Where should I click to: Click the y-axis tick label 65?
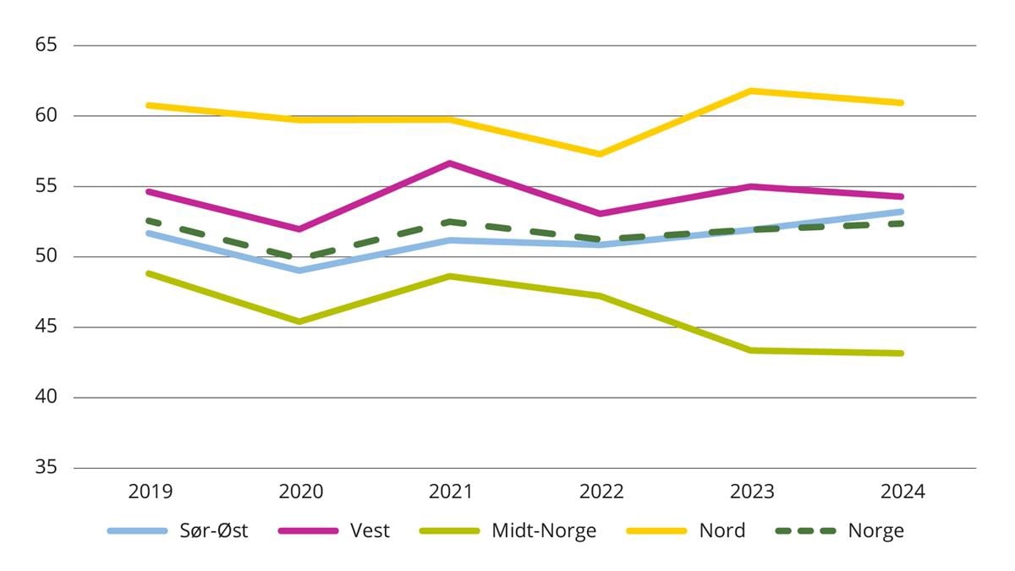click(46, 45)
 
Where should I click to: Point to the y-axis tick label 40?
click(46, 398)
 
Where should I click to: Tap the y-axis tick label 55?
click(46, 186)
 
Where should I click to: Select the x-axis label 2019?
click(150, 491)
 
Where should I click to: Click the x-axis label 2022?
click(601, 491)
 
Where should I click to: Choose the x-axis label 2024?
click(902, 491)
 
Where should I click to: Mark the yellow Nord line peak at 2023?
click(751, 91)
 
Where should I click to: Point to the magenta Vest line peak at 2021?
click(450, 163)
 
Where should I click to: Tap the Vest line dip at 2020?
click(299, 229)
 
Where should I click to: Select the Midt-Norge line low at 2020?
click(299, 321)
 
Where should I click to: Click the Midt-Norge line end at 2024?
click(902, 354)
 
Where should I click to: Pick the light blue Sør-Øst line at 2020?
click(299, 271)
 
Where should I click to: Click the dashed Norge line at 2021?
click(450, 222)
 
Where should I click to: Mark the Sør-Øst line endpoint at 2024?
click(902, 211)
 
